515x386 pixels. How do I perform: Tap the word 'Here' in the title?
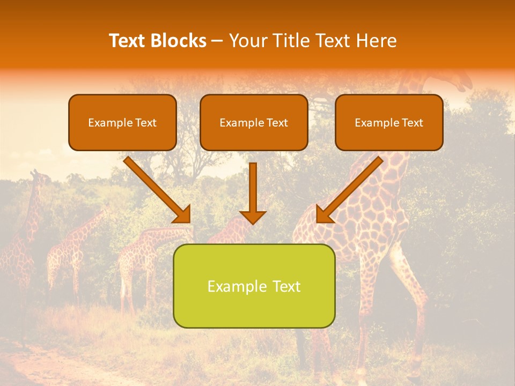click(377, 41)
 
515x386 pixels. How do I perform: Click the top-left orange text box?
click(122, 122)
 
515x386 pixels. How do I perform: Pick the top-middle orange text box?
click(254, 122)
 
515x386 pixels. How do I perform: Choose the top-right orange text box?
click(389, 122)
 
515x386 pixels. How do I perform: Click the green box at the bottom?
click(254, 286)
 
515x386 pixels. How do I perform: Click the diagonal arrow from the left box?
click(156, 188)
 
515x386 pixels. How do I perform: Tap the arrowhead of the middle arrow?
click(253, 217)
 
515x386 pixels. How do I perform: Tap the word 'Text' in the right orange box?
click(412, 123)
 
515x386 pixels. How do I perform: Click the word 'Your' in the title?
click(246, 41)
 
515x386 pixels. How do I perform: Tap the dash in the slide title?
click(217, 41)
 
